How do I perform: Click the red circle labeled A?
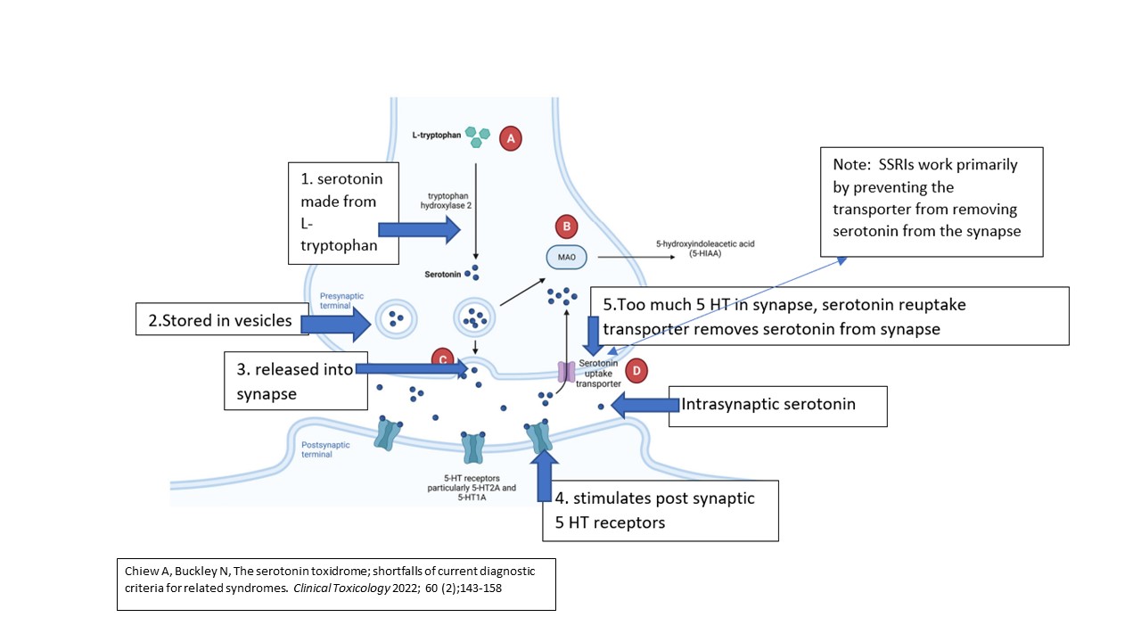tap(510, 138)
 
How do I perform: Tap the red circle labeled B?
tap(566, 226)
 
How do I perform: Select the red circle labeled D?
tap(636, 370)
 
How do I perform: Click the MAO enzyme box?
tap(568, 258)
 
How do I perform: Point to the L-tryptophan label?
tap(437, 134)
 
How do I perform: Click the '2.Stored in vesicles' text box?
tap(220, 320)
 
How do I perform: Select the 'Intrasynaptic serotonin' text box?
tap(777, 406)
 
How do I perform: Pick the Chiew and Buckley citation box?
tap(336, 584)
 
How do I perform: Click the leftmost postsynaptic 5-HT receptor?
tap(388, 432)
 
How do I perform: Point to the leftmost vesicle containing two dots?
tap(394, 317)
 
